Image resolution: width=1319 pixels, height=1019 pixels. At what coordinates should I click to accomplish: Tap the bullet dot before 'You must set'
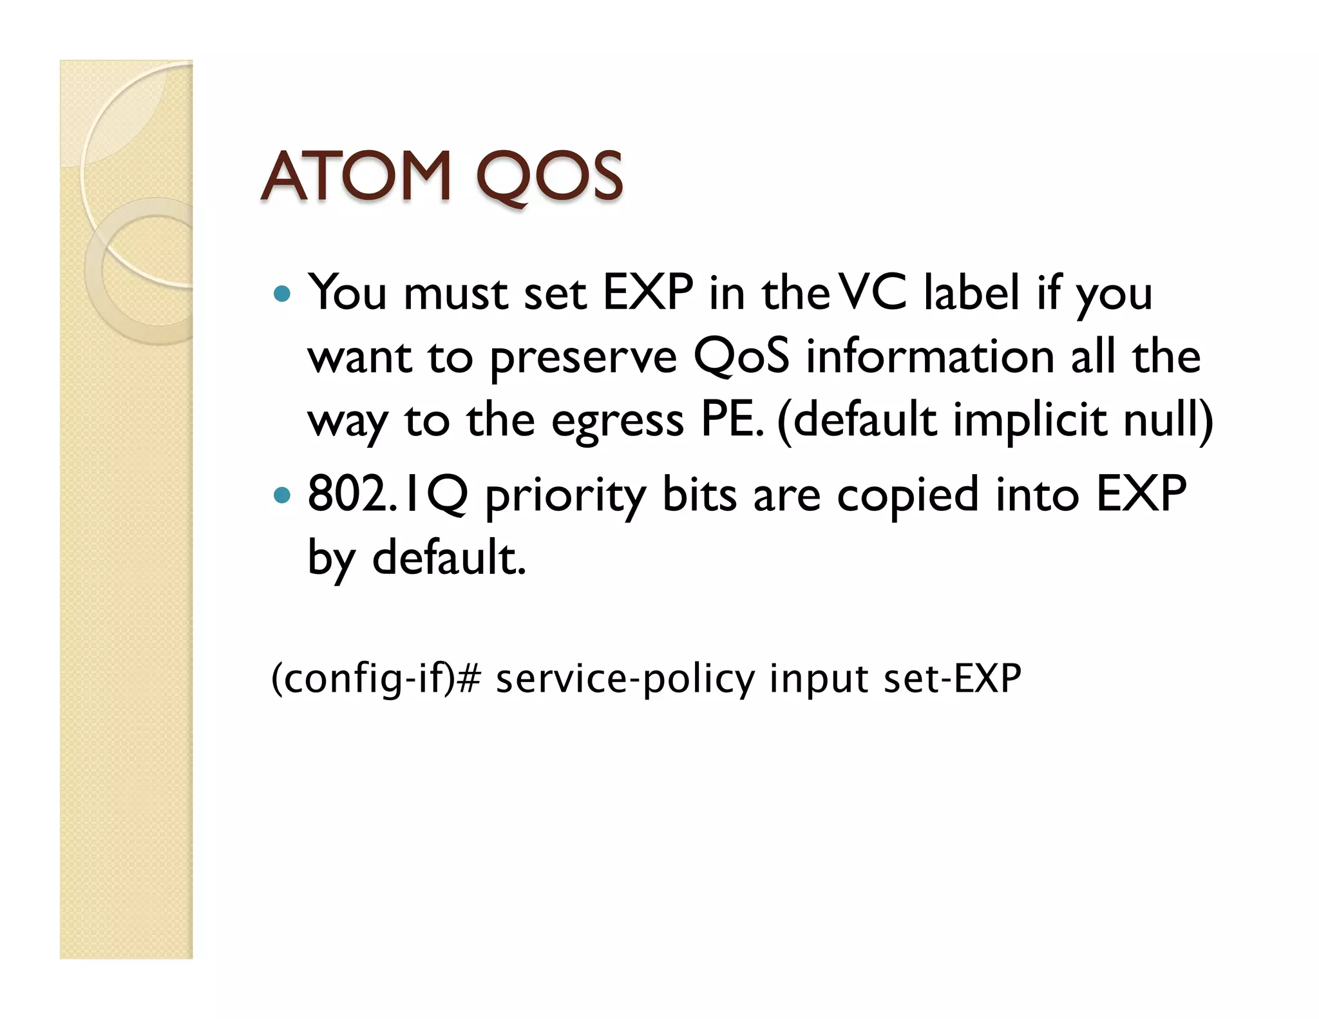[x=282, y=295]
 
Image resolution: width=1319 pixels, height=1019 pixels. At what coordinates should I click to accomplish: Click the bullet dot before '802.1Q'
[x=282, y=495]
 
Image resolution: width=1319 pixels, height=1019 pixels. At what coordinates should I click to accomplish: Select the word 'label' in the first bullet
[x=972, y=293]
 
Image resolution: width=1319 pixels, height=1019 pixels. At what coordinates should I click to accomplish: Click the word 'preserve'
[x=584, y=357]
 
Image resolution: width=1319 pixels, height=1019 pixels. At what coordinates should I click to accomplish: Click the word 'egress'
[x=617, y=422]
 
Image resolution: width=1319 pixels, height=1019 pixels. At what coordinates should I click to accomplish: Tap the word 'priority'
[x=565, y=497]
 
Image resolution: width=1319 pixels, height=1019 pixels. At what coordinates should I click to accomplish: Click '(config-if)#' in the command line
[x=376, y=679]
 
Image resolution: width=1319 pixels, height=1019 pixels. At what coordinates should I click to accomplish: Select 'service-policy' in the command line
[x=625, y=679]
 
